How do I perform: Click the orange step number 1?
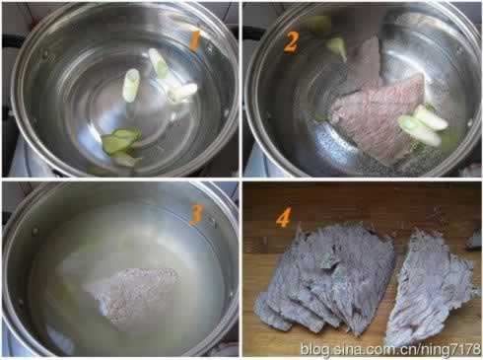coord(195,41)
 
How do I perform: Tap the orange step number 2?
coord(291,42)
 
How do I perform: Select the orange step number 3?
coord(195,216)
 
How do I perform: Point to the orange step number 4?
coord(283,218)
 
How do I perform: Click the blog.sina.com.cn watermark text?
coord(391,348)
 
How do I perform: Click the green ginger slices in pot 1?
coord(121,146)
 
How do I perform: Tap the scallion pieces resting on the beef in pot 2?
coord(423,126)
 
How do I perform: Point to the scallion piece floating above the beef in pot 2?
coord(337,48)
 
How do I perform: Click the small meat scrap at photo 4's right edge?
coord(475,240)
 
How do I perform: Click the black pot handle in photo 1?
coord(12,41)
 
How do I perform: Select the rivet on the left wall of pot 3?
coord(34,231)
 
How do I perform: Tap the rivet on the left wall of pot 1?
coord(44,53)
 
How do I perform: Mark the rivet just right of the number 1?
coord(210,48)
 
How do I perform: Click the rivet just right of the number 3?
coord(212,221)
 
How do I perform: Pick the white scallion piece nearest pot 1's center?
coord(131,85)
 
